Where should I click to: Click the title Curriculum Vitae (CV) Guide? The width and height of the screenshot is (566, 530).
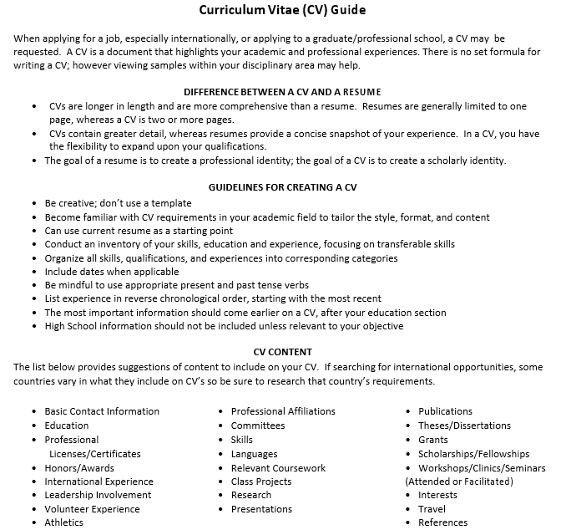click(x=282, y=11)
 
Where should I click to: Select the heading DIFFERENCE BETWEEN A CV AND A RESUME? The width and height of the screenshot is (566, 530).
click(x=282, y=91)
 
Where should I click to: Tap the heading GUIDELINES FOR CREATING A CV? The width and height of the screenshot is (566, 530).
click(x=282, y=187)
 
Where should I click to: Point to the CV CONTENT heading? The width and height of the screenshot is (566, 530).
click(x=282, y=352)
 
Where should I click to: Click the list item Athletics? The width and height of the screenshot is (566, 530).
click(x=64, y=522)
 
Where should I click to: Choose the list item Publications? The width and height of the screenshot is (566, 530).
click(x=445, y=411)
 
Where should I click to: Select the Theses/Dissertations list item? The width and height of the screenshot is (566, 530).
click(x=464, y=426)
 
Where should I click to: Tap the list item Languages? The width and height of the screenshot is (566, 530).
click(x=254, y=454)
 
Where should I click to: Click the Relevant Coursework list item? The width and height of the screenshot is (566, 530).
click(x=278, y=468)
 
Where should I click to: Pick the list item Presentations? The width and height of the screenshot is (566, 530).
click(x=261, y=509)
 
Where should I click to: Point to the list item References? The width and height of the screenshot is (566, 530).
click(x=442, y=522)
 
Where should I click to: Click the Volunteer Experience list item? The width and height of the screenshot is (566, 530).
click(x=92, y=509)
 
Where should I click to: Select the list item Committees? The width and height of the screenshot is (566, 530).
click(x=258, y=426)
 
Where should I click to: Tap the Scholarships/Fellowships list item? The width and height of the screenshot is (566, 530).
click(x=473, y=454)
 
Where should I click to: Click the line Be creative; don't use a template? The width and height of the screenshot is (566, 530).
click(x=118, y=203)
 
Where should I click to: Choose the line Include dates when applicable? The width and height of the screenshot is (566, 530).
click(x=112, y=272)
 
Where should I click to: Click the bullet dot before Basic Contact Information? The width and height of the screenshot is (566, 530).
click(x=34, y=411)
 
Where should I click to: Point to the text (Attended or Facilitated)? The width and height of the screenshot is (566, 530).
click(x=459, y=482)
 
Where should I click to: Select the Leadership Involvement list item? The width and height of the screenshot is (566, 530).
click(x=98, y=495)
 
